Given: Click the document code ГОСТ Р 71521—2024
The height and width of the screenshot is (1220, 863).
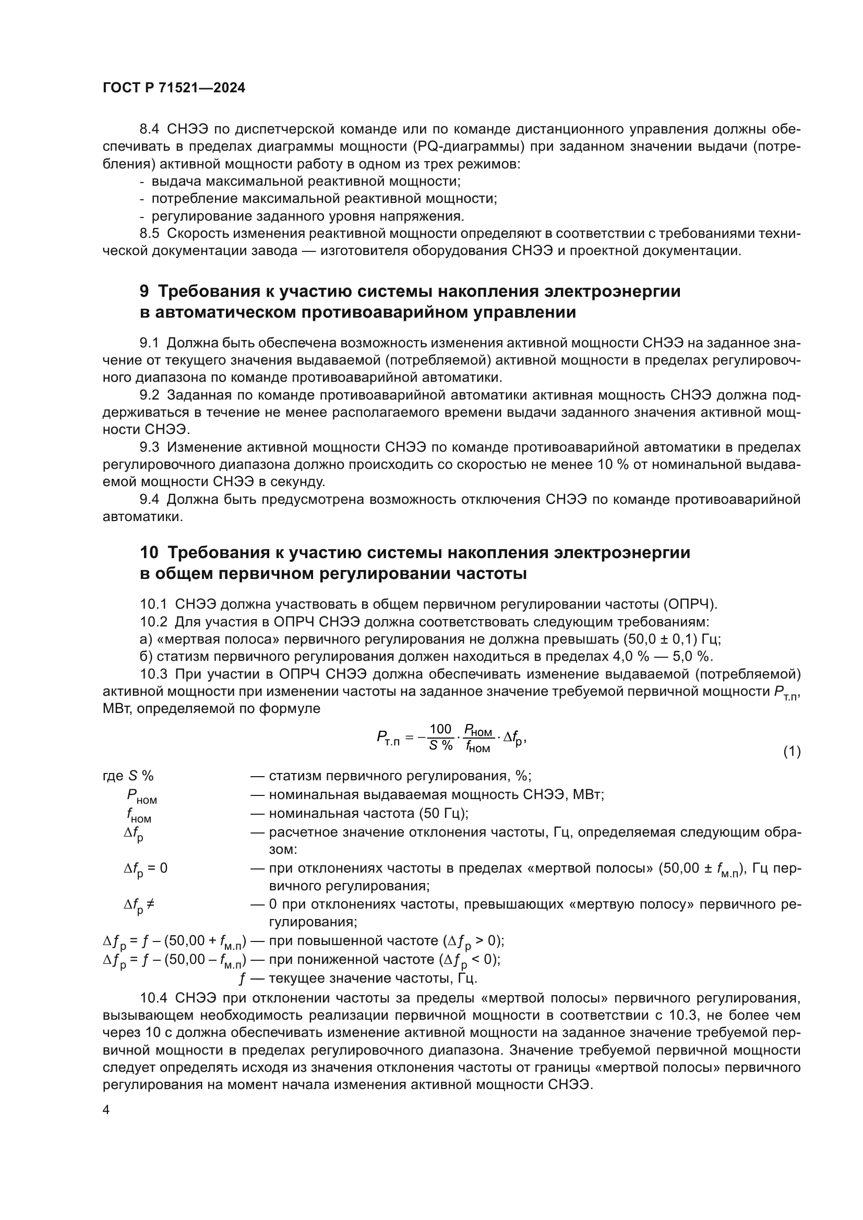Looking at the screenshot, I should tap(174, 88).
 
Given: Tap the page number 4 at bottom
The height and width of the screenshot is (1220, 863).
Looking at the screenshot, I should tap(106, 1109).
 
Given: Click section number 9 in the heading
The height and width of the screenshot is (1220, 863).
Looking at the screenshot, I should tap(145, 291).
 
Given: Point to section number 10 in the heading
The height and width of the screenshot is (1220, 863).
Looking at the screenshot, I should tap(149, 552).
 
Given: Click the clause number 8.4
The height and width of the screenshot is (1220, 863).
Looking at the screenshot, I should tap(149, 129).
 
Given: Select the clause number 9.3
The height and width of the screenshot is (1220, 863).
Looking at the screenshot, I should tap(149, 447).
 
